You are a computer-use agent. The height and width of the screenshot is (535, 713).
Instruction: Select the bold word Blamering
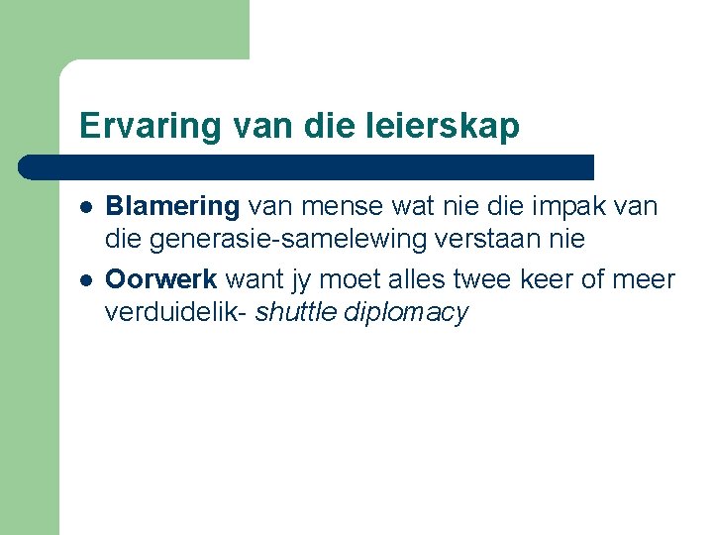172,206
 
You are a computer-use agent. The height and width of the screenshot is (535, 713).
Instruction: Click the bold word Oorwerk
161,280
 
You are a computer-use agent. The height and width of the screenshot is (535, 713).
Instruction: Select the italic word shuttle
297,313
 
